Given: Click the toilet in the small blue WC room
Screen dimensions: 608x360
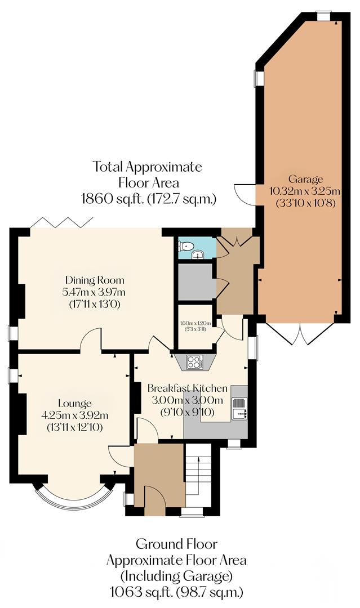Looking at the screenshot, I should (x=185, y=245).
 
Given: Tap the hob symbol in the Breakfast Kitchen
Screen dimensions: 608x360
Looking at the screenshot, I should (x=194, y=362).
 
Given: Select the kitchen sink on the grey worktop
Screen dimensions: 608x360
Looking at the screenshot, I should (x=239, y=408).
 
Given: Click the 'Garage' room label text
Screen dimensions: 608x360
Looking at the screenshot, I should (x=305, y=180).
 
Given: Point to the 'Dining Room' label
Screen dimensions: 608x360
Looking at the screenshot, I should (x=95, y=280).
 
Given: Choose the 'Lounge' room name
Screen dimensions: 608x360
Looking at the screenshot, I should (x=74, y=404).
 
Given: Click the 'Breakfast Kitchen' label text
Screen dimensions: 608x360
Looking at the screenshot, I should (x=188, y=388).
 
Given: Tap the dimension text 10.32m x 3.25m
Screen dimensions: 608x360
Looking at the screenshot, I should (x=305, y=192).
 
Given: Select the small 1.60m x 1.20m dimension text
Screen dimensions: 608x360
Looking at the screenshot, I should (x=195, y=323).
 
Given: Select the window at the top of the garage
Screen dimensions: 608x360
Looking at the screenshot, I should (x=324, y=16).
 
